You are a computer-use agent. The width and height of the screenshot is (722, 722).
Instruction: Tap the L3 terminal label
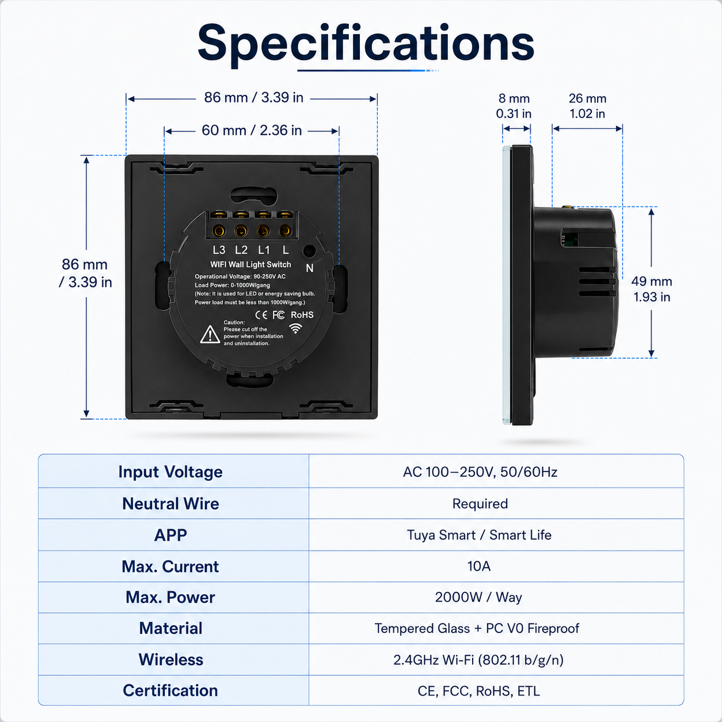tap(219, 250)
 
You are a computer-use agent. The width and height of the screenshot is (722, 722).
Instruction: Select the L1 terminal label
tap(264, 250)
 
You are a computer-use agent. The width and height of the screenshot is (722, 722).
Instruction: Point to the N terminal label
tap(310, 268)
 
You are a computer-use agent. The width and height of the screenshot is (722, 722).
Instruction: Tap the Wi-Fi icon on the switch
tap(295, 328)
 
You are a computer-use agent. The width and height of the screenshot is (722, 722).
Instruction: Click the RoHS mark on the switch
tap(302, 315)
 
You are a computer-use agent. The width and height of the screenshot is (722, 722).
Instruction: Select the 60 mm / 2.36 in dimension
tap(252, 130)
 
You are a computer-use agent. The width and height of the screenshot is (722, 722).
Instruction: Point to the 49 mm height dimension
tap(652, 289)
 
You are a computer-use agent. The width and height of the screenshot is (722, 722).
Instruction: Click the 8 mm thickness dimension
tap(514, 106)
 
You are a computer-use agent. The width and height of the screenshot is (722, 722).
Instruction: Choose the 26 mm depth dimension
tap(587, 106)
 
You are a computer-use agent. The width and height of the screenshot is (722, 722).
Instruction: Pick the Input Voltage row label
tap(170, 472)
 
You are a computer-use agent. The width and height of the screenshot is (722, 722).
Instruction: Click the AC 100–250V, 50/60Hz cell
tap(480, 472)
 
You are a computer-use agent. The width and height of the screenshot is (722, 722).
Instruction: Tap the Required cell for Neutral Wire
tap(480, 504)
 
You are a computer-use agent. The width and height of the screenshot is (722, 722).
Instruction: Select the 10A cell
tap(479, 566)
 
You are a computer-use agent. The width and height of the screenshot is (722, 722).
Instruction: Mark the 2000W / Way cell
tap(478, 597)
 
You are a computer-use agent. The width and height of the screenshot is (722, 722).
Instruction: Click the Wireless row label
tap(171, 660)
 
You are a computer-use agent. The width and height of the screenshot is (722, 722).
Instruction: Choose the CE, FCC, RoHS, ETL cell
tap(479, 691)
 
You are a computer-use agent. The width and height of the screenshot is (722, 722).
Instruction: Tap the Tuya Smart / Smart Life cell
tap(479, 535)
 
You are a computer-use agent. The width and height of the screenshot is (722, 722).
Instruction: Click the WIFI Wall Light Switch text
tap(250, 264)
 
